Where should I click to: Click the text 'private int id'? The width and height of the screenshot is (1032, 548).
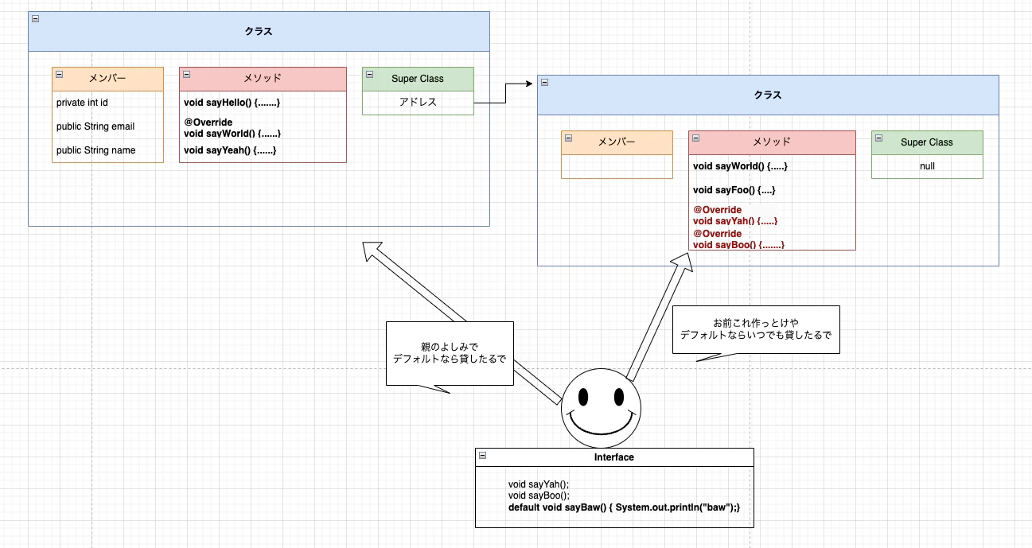82,103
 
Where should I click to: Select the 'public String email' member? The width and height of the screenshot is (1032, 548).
95,126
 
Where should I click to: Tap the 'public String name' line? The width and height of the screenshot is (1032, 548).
95,150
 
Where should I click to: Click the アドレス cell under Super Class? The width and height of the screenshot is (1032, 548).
418,103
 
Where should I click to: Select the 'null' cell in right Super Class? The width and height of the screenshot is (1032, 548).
927,166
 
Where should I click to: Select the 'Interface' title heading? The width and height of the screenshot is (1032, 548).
614,457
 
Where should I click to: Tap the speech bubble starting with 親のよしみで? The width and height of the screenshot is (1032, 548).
450,352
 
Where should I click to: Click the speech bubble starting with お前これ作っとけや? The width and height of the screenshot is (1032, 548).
756,329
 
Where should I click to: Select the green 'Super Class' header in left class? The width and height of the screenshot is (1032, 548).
418,79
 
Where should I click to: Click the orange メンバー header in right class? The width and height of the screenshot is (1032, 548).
617,142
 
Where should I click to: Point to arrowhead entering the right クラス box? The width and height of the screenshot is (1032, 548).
528,84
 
